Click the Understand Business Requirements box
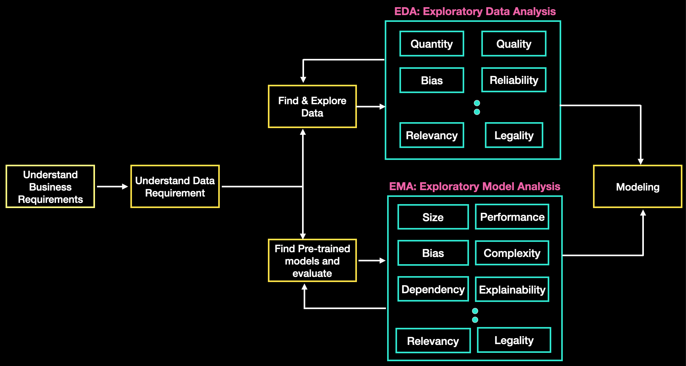point(50,187)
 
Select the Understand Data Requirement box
point(175,187)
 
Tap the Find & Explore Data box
point(312,107)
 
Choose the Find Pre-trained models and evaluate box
point(312,261)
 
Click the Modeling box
point(638,187)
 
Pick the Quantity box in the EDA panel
point(432,44)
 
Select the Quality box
point(514,44)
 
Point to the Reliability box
point(514,80)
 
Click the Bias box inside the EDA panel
point(432,80)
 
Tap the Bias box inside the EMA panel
point(433,253)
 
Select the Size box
point(433,217)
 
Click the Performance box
point(512,217)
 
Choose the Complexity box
point(512,253)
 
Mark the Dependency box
point(433,289)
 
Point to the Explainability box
point(512,290)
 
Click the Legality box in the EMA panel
point(514,340)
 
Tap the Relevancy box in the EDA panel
point(432,135)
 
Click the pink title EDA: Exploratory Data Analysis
point(475,12)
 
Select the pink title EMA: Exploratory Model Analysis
point(475,187)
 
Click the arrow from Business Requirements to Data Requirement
point(112,187)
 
